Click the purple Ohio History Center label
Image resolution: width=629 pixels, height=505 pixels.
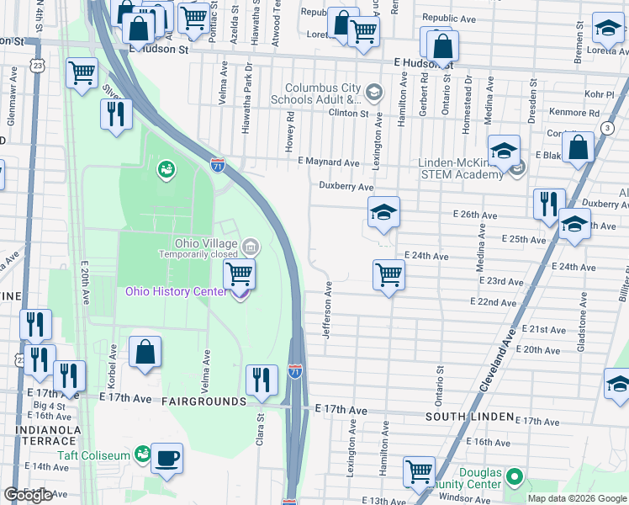176,291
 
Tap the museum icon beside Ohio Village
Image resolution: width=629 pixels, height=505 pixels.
250,247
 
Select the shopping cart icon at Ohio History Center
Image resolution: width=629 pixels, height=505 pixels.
239,274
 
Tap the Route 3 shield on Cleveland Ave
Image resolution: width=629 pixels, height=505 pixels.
606,127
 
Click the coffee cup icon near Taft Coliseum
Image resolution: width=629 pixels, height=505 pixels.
166,458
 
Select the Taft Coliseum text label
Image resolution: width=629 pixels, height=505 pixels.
93,455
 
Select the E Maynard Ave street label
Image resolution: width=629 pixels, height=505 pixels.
328,162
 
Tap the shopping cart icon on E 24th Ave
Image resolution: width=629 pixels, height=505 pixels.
388,274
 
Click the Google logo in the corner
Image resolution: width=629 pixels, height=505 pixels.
28,495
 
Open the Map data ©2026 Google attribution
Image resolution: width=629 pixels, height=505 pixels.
577,498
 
